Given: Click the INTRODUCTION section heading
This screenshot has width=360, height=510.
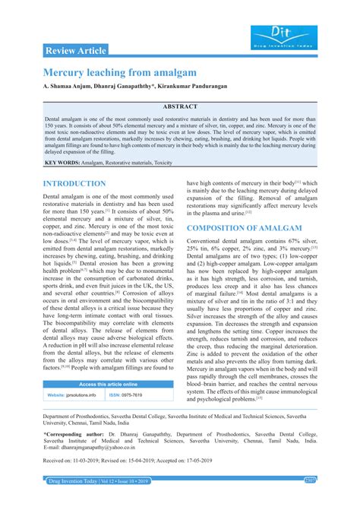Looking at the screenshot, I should pos(74,184).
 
